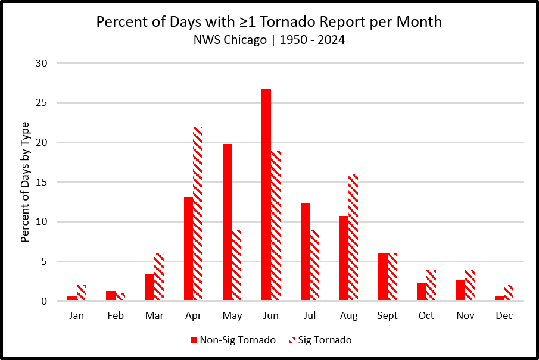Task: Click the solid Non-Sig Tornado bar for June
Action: point(266,195)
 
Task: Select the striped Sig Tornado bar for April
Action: point(198,214)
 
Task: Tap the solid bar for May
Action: point(228,223)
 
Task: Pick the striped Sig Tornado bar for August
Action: point(353,237)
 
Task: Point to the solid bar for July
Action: point(306,252)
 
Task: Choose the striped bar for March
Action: point(159,277)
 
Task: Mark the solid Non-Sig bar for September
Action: point(383,277)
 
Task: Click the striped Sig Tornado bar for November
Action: point(470,285)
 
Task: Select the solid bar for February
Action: point(111,296)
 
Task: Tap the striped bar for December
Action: point(509,293)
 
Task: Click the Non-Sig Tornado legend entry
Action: point(233,340)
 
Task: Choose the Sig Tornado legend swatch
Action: point(292,340)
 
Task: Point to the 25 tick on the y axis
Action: point(42,103)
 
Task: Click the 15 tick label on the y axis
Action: point(42,182)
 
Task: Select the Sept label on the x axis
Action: point(387,316)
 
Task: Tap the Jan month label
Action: point(76,316)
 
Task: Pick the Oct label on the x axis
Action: point(426,316)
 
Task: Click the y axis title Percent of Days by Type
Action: point(25,182)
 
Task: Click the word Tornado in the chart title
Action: point(288,21)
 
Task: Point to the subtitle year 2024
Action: point(331,40)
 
